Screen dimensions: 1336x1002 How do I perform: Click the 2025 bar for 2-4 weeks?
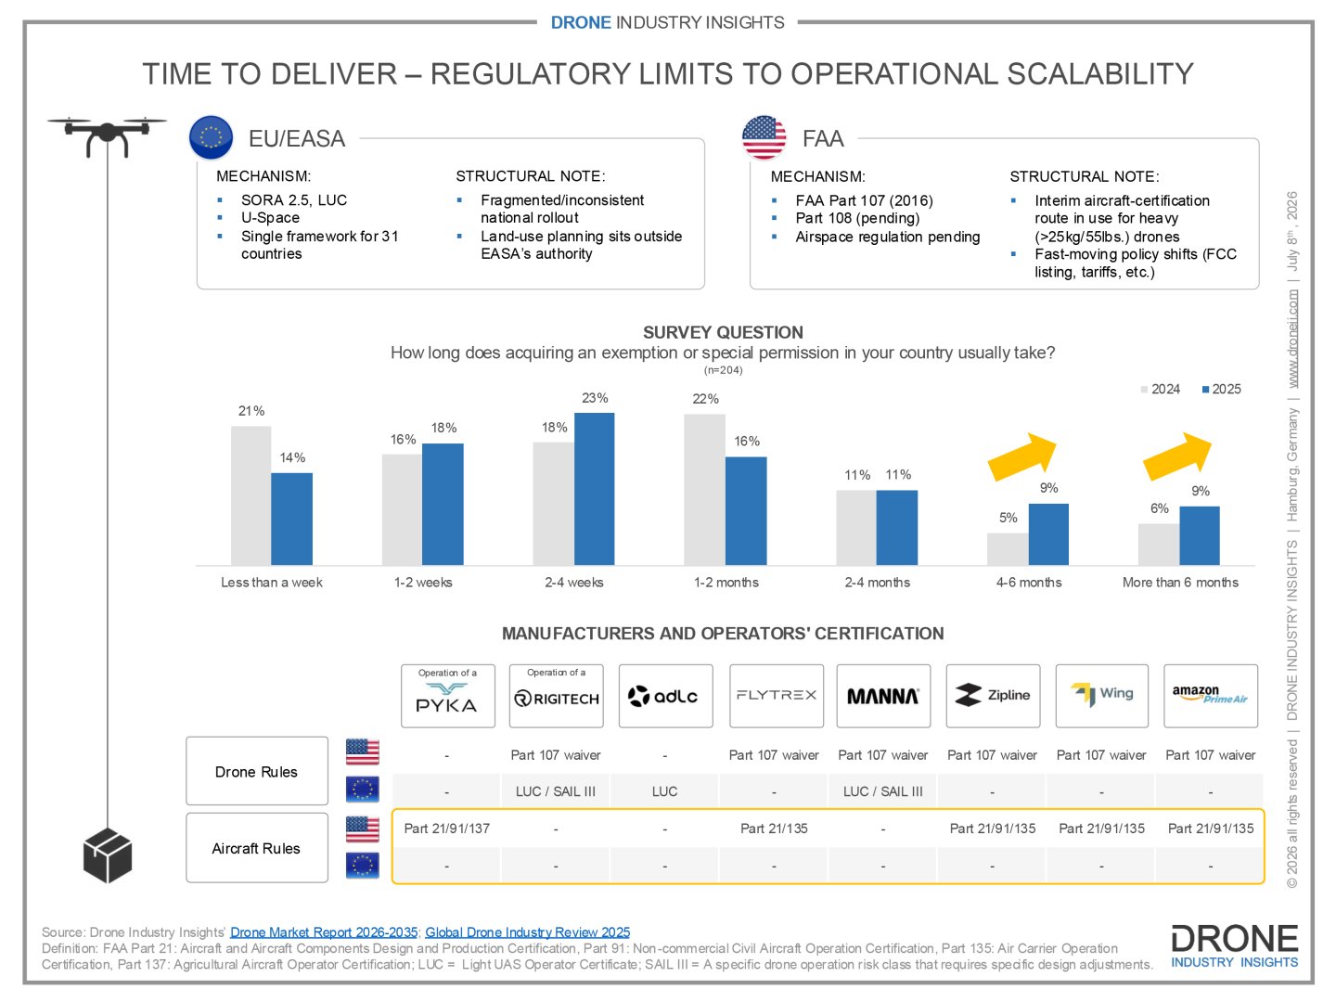coord(594,489)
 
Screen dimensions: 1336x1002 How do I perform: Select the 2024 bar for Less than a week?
coord(250,495)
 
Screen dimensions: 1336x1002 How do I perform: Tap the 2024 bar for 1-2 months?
coord(704,490)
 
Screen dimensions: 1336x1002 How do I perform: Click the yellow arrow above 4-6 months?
coord(1022,456)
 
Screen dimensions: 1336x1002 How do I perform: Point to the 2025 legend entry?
coord(1221,390)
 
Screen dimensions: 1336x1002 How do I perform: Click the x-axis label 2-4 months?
coord(877,583)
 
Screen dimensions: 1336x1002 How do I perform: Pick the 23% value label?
coord(595,398)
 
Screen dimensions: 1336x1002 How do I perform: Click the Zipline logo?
coord(993,696)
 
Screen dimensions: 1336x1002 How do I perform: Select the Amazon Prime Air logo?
coord(1211,696)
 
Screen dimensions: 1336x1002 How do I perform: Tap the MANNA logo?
coord(883,696)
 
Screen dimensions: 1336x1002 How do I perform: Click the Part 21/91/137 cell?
coord(447,829)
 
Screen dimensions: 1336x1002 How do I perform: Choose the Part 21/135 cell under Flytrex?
coord(774,829)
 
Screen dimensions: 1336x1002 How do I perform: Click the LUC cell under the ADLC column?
coord(664,791)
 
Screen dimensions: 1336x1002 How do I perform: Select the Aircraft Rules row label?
coord(256,848)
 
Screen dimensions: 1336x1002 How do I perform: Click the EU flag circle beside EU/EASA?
coord(211,137)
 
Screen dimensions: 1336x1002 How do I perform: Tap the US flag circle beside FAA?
coord(764,137)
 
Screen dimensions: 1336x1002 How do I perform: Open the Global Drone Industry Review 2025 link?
coord(527,932)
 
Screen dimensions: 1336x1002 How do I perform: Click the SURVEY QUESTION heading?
coord(723,332)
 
